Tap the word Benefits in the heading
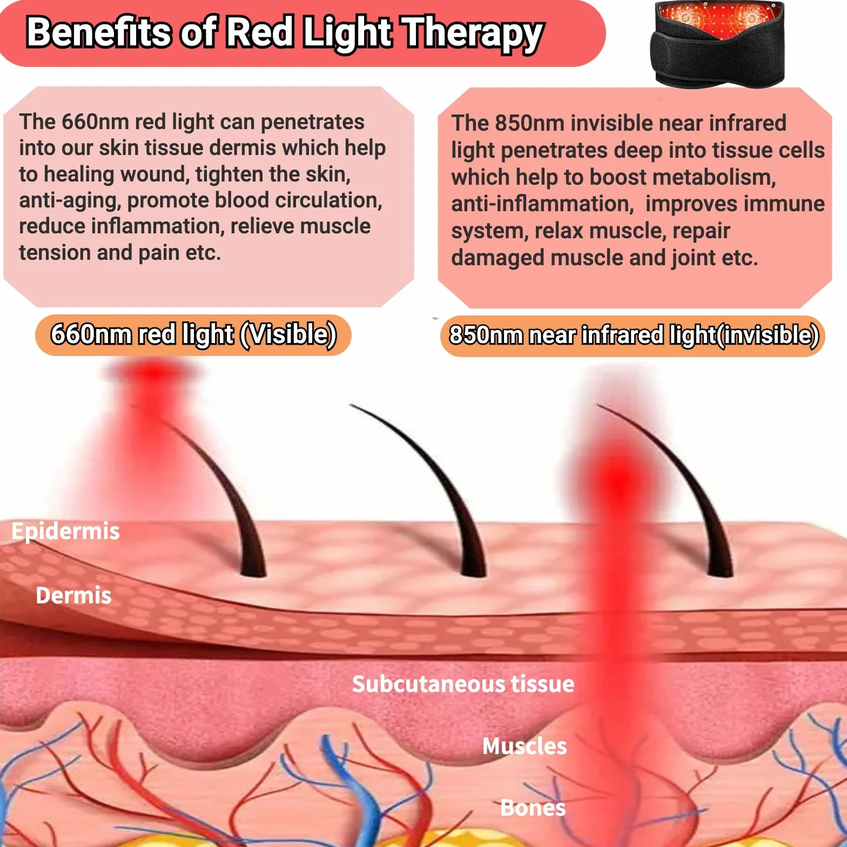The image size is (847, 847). click(x=99, y=31)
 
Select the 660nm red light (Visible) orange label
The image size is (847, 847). click(x=193, y=334)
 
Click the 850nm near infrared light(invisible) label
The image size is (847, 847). click(x=633, y=335)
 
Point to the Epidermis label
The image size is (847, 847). click(x=65, y=531)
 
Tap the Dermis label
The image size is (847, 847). click(x=73, y=595)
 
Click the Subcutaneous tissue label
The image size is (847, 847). click(x=463, y=684)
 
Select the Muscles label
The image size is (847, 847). click(x=525, y=746)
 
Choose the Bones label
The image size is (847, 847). click(x=533, y=808)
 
